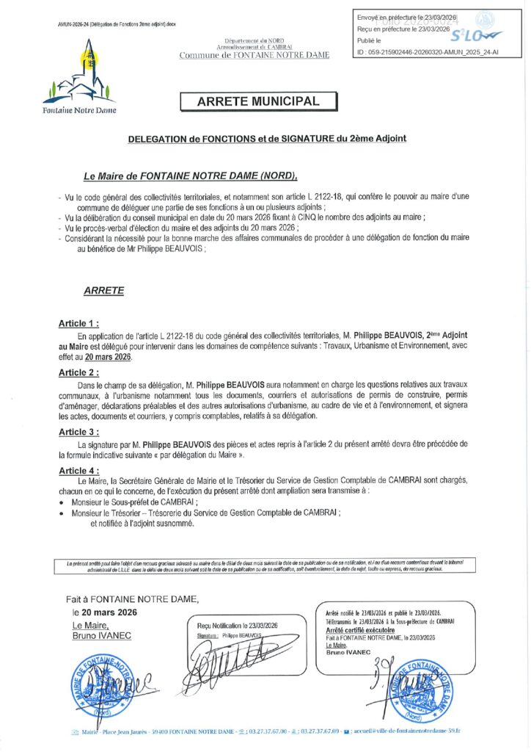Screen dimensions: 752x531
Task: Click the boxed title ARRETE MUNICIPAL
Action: click(258, 102)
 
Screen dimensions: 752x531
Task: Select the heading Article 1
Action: click(78, 323)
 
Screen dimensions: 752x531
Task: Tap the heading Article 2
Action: click(78, 373)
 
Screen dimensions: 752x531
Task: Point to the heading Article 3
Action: click(78, 433)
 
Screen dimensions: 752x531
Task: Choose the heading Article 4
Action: click(78, 470)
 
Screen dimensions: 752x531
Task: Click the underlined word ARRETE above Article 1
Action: click(103, 291)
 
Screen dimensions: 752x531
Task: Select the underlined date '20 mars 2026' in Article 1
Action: click(109, 356)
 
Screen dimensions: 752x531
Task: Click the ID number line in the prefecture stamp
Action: click(417, 52)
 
